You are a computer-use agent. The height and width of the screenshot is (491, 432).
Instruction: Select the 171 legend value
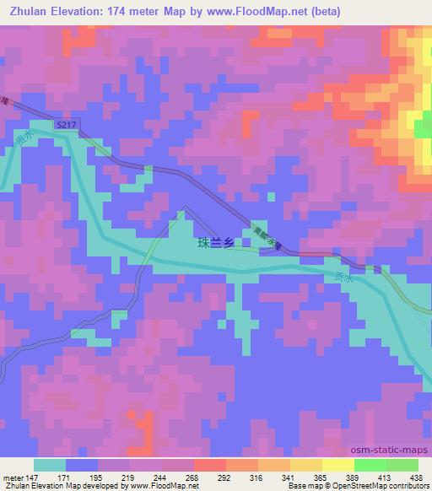click(x=66, y=477)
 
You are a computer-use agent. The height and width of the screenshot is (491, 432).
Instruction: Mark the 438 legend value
click(x=417, y=477)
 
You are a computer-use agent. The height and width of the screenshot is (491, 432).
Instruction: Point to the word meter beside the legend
click(x=11, y=477)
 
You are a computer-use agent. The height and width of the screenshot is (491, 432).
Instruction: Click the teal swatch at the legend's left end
click(x=50, y=465)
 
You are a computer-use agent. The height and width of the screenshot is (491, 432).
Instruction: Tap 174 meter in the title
click(x=141, y=10)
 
